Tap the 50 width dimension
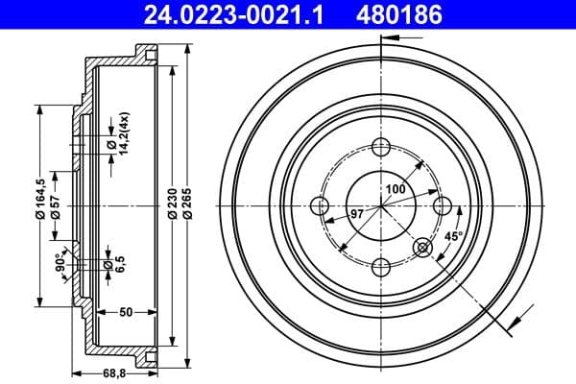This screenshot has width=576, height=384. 125,313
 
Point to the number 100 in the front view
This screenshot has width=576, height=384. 395,189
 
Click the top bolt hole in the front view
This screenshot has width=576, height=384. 380,147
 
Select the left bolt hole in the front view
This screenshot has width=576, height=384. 320,205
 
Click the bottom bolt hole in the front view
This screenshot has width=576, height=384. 380,266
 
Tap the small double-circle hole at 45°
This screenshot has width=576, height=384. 422,248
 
